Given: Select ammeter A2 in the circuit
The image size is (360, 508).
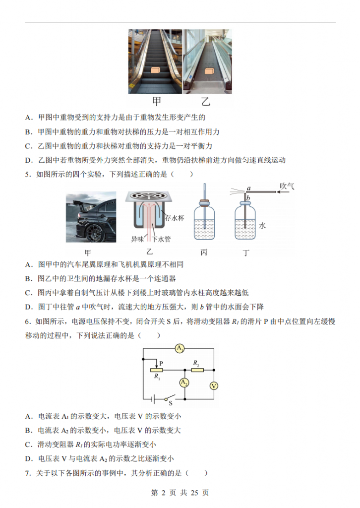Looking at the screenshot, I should point(184,382).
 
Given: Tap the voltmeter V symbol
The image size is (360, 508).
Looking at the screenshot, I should point(214,386).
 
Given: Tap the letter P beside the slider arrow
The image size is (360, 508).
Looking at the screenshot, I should point(162,363).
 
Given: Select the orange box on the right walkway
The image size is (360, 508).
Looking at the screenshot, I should point(209,72).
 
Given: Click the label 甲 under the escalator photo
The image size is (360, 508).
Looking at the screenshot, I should point(157,102).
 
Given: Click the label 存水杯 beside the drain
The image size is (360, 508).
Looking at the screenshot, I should point(174,218).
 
